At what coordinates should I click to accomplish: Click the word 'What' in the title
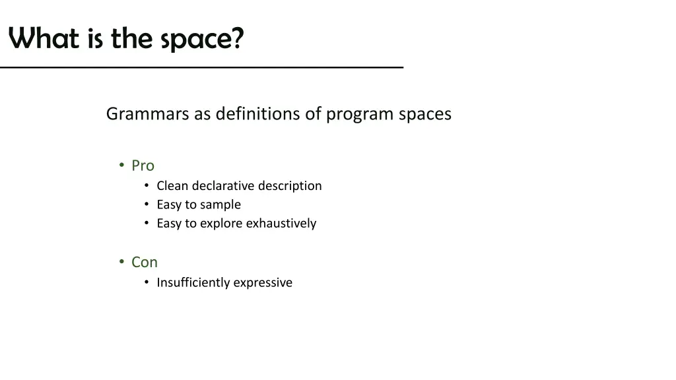[x=44, y=39]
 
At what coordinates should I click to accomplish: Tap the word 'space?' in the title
[x=202, y=40]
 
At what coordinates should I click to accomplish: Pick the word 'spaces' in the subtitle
[x=425, y=115]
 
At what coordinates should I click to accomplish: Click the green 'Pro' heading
[x=143, y=166]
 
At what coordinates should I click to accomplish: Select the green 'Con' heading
[x=145, y=263]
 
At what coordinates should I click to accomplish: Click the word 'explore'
[x=221, y=224]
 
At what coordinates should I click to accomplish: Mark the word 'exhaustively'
[x=281, y=224]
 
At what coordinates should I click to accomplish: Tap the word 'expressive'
[x=264, y=283]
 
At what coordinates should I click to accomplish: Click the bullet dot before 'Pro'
[x=122, y=165]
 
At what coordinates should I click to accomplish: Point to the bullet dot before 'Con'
[x=122, y=262]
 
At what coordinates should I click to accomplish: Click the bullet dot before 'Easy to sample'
[x=147, y=205]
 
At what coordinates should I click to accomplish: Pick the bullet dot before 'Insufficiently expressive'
[x=147, y=282]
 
